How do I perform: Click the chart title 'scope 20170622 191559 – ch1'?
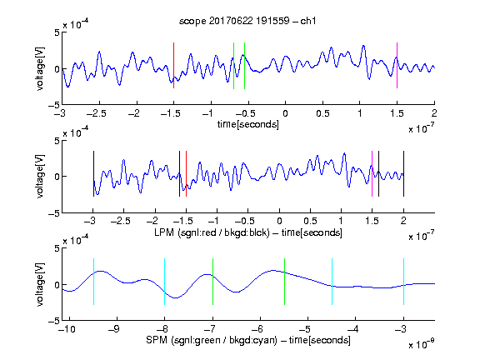coord(247,21)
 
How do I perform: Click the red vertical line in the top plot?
coord(173,66)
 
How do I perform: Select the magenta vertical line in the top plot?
coord(397,66)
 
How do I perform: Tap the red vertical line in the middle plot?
coord(186,173)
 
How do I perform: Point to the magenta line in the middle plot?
coord(372,173)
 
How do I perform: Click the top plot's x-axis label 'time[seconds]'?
coord(248,124)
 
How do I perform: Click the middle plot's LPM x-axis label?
coord(248,232)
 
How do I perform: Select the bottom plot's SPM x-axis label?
coord(248,340)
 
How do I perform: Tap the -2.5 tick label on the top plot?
coord(97,113)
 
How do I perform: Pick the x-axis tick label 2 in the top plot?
coord(434,113)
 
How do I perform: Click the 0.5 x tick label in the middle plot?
coord(310,221)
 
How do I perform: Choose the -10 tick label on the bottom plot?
coord(67,329)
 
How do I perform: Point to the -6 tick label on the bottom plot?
coord(257,329)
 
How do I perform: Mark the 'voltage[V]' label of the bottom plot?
coord(40,284)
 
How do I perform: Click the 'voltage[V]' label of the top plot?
coord(40,68)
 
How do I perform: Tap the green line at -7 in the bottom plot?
coord(212,282)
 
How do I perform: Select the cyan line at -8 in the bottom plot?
coord(165,282)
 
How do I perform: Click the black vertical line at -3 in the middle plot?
coord(93,173)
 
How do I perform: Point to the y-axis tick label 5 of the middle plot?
coord(57,141)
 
